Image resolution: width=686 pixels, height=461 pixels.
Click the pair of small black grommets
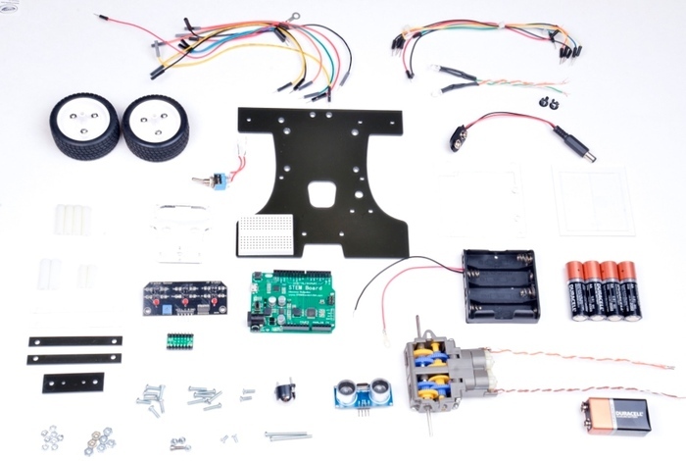pos(543,102)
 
